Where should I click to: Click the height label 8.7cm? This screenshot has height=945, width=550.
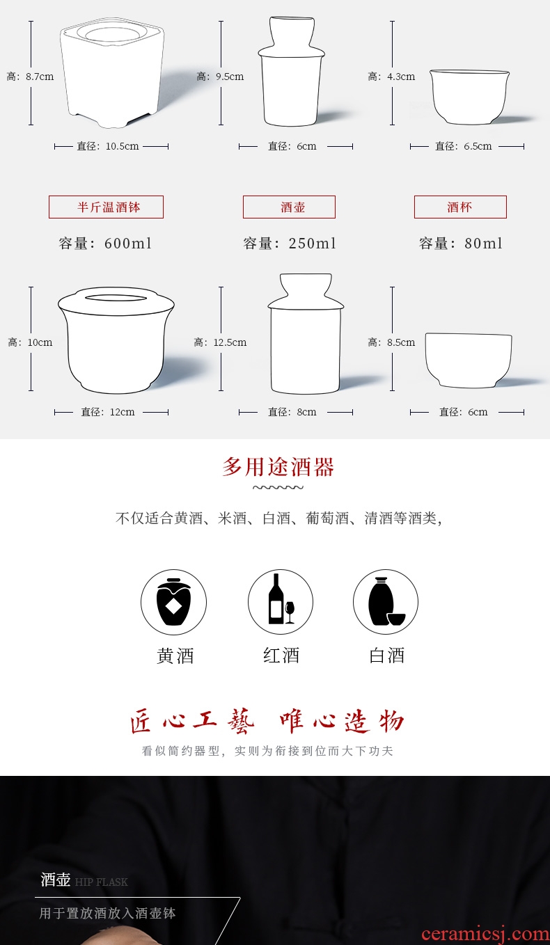coord(30,77)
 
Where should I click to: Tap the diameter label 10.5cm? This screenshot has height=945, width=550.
coord(108,146)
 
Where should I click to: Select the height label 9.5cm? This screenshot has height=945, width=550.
coord(220,77)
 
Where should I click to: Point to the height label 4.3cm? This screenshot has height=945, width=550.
coord(391,77)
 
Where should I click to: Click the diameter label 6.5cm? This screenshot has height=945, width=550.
coord(464,146)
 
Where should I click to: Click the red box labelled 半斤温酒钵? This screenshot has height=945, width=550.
coord(106,207)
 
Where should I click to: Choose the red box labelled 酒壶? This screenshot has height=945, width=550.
coord(289,207)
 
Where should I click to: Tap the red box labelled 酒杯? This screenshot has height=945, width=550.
coord(460,207)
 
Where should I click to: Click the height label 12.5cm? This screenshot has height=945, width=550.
coord(220,342)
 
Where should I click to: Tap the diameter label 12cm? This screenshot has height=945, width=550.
coord(108,412)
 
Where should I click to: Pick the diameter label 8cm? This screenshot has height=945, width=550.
coord(292,412)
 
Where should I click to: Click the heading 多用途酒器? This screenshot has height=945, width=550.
coord(278,467)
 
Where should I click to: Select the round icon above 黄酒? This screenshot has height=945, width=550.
coord(173,602)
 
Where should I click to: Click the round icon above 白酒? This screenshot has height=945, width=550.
coord(386,602)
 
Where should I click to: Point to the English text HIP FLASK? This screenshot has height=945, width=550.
coord(102,882)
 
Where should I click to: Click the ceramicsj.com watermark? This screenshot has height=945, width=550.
coord(485,935)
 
